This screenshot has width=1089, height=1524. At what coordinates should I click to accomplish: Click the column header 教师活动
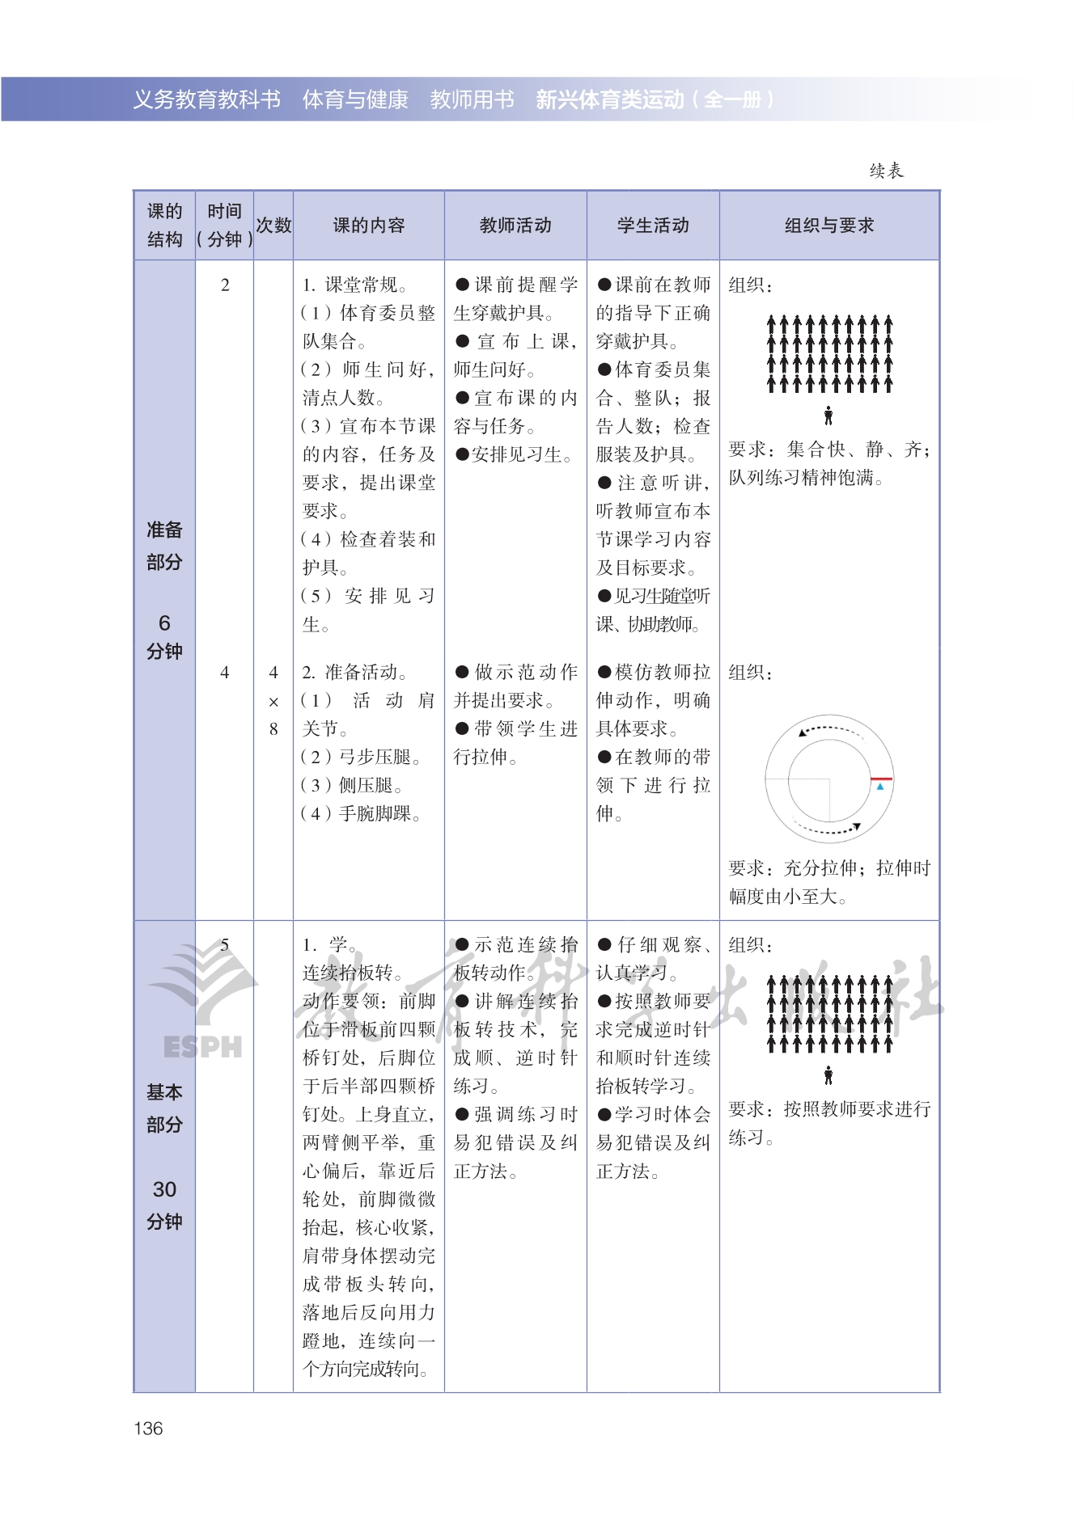coord(515,226)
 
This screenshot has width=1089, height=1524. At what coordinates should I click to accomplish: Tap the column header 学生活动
coord(653,226)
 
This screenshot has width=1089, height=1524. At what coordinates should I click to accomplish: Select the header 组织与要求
coord(829,226)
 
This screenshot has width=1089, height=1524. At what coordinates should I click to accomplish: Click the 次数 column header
coord(273,226)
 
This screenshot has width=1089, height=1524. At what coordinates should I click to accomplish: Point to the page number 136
coord(148,1429)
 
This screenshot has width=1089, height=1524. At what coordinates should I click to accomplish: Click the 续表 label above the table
coord(887,171)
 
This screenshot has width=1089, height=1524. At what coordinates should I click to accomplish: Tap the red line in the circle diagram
coord(881,779)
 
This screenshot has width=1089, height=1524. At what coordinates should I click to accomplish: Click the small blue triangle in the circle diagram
coord(880,786)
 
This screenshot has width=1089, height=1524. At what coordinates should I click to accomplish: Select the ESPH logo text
coord(202,1047)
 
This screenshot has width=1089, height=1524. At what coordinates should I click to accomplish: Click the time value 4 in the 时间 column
coord(225,673)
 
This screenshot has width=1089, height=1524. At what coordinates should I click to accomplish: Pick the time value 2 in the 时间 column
coord(225,285)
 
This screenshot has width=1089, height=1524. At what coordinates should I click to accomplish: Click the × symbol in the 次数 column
coord(273,702)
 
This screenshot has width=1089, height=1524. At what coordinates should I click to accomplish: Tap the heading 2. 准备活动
coord(354,673)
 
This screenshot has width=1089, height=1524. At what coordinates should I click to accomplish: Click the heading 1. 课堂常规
coord(354,285)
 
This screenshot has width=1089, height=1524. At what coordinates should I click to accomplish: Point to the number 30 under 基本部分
coord(164,1189)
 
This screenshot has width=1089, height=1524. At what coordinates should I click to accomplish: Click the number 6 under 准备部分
coord(164,623)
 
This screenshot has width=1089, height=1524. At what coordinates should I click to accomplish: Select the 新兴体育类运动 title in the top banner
coord(610,99)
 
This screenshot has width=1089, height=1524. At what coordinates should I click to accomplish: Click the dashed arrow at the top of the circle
coord(829,728)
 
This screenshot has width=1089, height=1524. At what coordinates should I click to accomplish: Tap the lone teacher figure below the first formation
coord(828,416)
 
